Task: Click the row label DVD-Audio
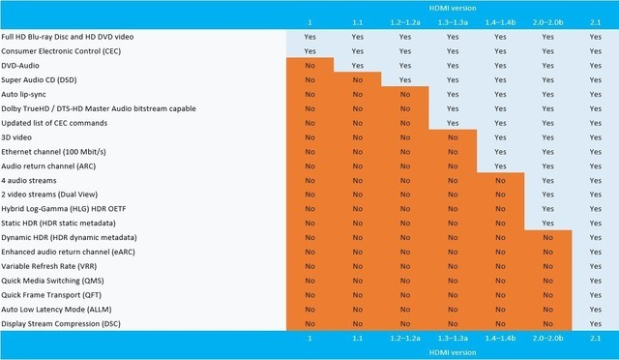21,64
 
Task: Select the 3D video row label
18,137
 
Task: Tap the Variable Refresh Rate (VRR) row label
48,265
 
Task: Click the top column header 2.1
595,20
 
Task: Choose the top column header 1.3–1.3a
453,20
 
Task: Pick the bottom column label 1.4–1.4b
500,340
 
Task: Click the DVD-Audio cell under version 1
309,64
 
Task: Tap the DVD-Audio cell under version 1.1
358,64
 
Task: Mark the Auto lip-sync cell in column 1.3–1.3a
453,94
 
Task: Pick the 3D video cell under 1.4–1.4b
500,137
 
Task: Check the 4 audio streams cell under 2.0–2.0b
547,180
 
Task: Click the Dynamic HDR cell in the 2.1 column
595,237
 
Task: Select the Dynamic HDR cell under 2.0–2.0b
547,237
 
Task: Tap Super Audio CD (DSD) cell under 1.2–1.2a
405,79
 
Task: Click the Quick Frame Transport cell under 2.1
595,294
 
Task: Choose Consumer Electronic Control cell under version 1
309,49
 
